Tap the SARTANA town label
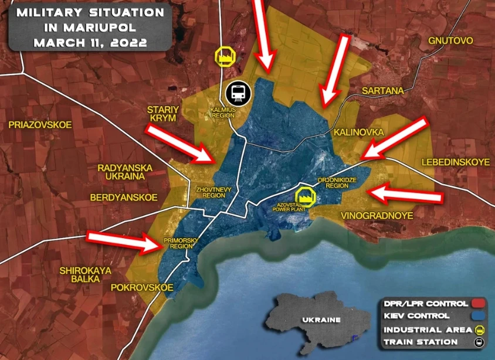coord(383,91)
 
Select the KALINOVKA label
coord(358,133)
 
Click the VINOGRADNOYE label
coord(377,216)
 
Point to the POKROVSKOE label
coord(143,287)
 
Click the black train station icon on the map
coord(238,93)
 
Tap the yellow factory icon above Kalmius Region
coord(225,57)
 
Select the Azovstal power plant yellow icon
coord(305,196)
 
